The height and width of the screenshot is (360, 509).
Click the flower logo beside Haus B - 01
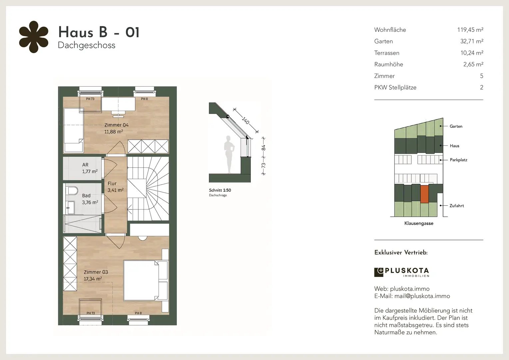[x=34, y=37]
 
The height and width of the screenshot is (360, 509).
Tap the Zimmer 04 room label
[x=116, y=125]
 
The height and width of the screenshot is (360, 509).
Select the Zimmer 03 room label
[x=96, y=272]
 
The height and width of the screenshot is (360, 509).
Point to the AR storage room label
[x=85, y=165]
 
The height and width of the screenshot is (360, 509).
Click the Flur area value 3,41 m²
[x=116, y=190]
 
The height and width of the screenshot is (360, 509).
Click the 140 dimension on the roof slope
[x=246, y=120]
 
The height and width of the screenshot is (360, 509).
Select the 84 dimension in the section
[x=263, y=148]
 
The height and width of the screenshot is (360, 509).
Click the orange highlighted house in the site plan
[x=424, y=194]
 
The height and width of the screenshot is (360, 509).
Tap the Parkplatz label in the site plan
[x=459, y=160]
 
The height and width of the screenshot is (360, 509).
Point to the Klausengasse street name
[x=419, y=223]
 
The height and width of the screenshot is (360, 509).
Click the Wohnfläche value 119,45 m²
[x=470, y=30]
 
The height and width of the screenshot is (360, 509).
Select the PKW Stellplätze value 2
[x=481, y=87]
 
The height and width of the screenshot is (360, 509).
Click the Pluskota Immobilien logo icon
[x=378, y=272]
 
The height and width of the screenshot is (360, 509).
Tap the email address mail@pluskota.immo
[x=422, y=296]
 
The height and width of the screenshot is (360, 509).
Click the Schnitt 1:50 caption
[x=220, y=190]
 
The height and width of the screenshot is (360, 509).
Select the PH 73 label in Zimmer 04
[x=90, y=99]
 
